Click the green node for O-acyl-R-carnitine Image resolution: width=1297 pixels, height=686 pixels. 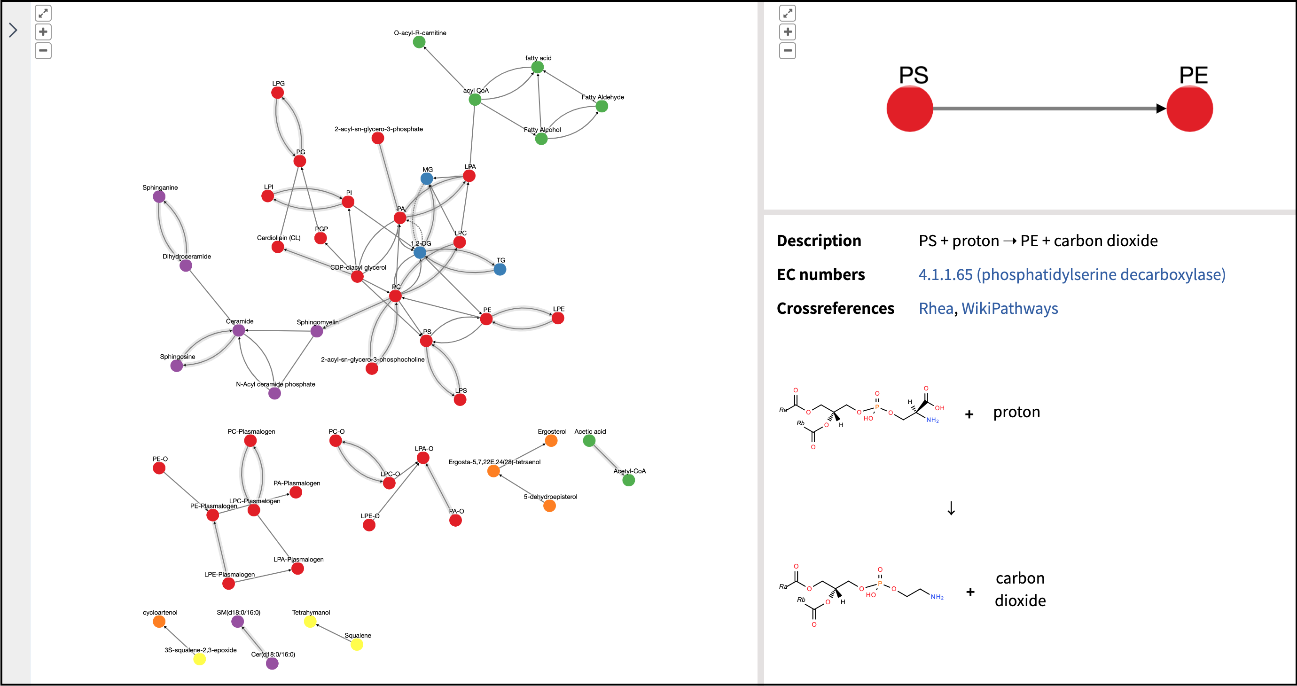click(419, 42)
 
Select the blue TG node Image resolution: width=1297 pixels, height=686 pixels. click(500, 269)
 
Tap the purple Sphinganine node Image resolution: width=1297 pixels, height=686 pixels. click(159, 197)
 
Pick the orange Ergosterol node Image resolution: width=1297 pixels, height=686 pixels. click(551, 441)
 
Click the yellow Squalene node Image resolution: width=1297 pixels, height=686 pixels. click(357, 645)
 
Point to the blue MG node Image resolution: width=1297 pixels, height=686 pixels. click(427, 179)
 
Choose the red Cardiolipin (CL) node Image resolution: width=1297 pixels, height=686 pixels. click(278, 247)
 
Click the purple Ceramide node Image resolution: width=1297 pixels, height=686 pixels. click(239, 331)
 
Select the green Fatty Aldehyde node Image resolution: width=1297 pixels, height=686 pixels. click(602, 106)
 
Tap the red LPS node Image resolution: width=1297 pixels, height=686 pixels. click(460, 400)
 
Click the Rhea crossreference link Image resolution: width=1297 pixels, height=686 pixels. click(936, 308)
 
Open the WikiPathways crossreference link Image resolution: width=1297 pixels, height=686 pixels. click(1009, 308)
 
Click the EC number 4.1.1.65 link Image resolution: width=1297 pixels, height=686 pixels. click(1071, 274)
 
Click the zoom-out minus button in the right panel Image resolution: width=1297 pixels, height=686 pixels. click(788, 50)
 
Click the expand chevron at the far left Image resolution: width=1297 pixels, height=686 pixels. click(13, 30)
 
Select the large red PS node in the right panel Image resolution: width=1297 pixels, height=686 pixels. click(909, 109)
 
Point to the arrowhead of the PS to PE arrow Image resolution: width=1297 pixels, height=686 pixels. click(1161, 108)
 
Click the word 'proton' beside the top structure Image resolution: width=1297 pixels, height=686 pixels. click(1016, 412)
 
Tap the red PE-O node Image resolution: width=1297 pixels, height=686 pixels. click(159, 468)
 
